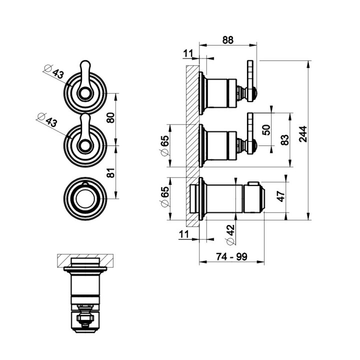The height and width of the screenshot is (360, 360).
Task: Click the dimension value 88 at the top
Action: pyautogui.click(x=227, y=40)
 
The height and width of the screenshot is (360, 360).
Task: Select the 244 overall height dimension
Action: pyautogui.click(x=303, y=134)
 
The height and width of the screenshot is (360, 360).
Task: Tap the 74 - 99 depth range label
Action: pyautogui.click(x=231, y=256)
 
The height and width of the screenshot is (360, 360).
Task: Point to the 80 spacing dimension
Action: pyautogui.click(x=111, y=118)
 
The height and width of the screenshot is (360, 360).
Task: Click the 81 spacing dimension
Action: pyautogui.click(x=111, y=172)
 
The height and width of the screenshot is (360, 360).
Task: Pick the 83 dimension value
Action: pyautogui.click(x=284, y=140)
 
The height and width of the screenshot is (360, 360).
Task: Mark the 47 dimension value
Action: pyautogui.click(x=281, y=196)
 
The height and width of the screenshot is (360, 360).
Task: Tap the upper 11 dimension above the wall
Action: pyautogui.click(x=188, y=53)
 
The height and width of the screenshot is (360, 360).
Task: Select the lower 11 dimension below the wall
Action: pyautogui.click(x=184, y=234)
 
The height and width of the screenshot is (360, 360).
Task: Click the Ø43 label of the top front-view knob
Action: pyautogui.click(x=54, y=71)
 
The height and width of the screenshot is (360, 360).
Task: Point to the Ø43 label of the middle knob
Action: pyautogui.click(x=47, y=120)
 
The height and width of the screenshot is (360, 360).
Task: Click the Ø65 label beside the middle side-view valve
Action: pyautogui.click(x=164, y=145)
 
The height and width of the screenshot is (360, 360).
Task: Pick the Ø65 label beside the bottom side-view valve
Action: pyautogui.click(x=164, y=196)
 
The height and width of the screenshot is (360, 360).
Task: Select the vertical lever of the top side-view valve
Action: pyautogui.click(x=250, y=80)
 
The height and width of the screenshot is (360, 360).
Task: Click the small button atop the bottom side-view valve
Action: pyautogui.click(x=253, y=183)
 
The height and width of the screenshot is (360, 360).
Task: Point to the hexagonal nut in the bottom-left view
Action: pyautogui.click(x=85, y=318)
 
